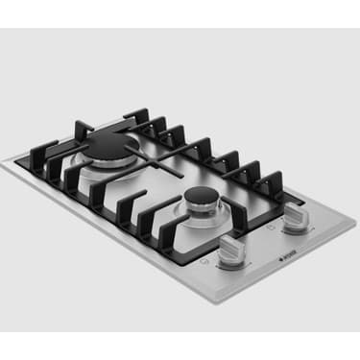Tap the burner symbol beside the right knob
(x=273, y=230)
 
